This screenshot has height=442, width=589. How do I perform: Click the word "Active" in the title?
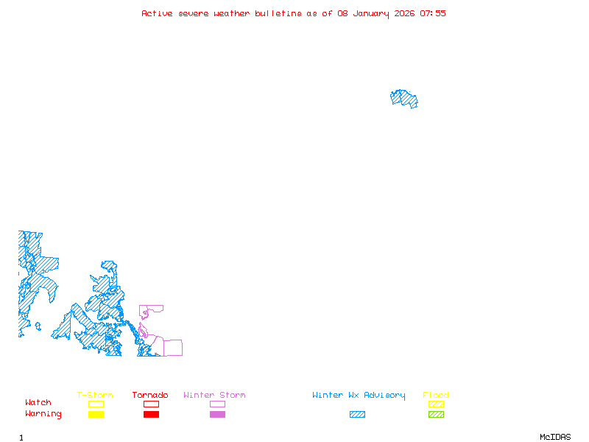pos(158,13)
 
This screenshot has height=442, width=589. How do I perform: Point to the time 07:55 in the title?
pos(433,13)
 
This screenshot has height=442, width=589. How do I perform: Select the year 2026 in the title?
pos(404,13)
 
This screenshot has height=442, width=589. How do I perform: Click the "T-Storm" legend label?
pos(95,396)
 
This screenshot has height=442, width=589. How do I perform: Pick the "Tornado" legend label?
pos(150,396)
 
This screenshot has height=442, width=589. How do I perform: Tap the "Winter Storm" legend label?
pos(214,396)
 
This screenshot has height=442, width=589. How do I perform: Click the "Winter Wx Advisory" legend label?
pos(359,396)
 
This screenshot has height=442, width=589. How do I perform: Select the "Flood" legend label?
pos(436,396)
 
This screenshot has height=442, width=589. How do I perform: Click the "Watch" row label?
pos(38,403)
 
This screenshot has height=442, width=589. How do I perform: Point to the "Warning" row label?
pos(43,414)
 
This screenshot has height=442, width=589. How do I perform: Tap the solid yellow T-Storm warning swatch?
pos(96,415)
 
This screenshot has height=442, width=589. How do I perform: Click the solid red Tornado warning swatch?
pos(151,415)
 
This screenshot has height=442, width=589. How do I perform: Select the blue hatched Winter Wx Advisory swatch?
pos(357,415)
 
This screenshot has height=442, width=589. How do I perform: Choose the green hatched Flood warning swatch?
pos(436,415)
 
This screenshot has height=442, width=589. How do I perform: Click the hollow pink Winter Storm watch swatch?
pos(217,404)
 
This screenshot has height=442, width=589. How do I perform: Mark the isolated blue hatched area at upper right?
pos(404,99)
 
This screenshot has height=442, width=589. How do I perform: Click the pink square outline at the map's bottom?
pos(173,348)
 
